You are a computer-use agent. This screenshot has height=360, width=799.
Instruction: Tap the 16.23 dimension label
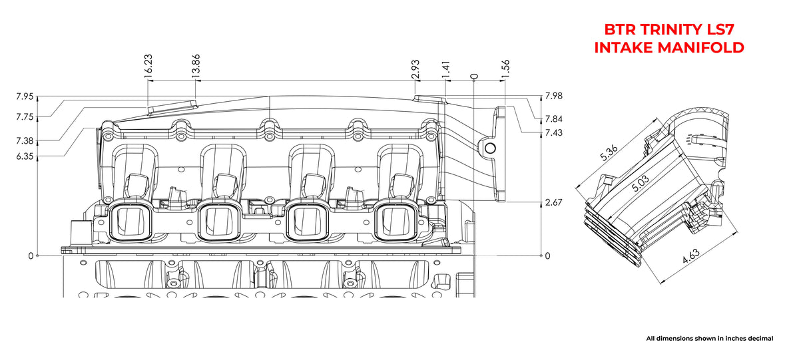point(148,64)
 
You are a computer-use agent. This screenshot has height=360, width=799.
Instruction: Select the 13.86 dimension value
point(196,64)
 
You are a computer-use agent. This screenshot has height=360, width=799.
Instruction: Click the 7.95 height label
point(25,96)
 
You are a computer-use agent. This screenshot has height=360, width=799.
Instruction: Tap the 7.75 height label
point(25,117)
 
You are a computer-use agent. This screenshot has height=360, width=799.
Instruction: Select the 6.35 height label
point(25,156)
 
